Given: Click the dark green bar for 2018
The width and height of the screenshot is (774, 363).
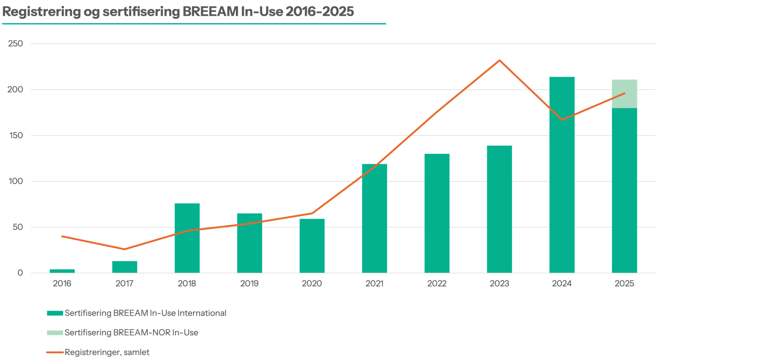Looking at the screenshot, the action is point(187,238).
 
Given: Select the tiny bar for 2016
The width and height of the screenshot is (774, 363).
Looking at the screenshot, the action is point(62,271).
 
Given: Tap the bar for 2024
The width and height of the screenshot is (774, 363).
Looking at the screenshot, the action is point(562,175).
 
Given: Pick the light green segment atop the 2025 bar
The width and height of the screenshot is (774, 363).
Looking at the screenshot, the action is point(624,94).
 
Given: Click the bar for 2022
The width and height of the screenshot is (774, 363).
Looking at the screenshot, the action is point(437,213).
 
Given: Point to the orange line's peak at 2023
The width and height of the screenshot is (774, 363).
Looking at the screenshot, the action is point(500,60).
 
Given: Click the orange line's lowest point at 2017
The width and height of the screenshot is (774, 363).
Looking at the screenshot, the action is point(124,249).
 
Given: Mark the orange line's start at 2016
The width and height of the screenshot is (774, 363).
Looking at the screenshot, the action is point(62,236).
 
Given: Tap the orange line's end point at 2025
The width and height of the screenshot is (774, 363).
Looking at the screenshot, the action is point(624,93).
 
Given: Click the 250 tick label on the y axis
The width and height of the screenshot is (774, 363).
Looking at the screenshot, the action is point(15,44).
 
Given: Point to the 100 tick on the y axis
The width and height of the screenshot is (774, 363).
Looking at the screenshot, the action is point(15,181).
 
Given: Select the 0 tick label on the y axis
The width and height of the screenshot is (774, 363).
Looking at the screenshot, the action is point(20,273).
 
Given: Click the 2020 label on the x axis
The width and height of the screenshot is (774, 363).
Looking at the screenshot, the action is point(312,284).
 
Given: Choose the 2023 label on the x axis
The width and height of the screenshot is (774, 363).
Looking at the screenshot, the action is point(499,284).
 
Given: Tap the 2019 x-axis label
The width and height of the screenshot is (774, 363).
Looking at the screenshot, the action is point(249,284).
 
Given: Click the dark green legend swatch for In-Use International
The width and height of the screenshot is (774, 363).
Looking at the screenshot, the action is point(55,313).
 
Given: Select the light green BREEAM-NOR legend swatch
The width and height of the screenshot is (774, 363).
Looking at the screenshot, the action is point(55,333).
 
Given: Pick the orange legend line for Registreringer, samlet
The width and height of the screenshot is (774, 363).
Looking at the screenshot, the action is point(55,352).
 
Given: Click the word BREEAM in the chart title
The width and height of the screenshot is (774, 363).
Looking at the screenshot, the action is point(210,12).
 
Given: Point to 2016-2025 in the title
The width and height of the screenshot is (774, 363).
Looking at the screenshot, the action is point(319,12).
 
